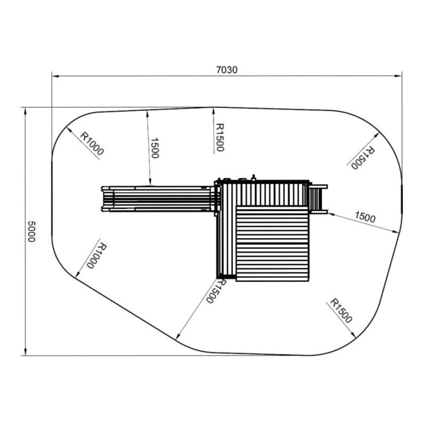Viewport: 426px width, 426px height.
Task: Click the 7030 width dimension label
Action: (x=227, y=70)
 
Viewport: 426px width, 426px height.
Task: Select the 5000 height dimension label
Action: (x=31, y=231)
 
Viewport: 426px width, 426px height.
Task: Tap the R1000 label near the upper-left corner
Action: (x=92, y=143)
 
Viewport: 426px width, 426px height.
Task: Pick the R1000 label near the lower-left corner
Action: (x=97, y=256)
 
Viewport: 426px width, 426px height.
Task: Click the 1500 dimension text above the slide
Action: (x=154, y=148)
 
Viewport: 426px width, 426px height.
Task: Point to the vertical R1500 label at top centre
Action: (x=219, y=137)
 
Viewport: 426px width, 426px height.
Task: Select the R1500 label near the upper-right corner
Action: (x=363, y=158)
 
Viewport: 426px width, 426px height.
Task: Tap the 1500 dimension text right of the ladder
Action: (x=365, y=217)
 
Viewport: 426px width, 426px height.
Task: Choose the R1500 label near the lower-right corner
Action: (x=341, y=311)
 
